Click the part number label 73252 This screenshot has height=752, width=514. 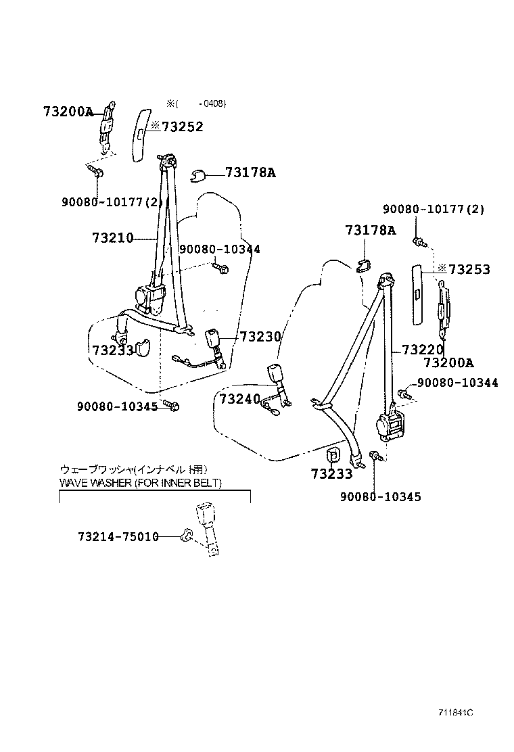(183, 126)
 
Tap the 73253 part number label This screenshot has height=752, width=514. (469, 269)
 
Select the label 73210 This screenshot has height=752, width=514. (113, 237)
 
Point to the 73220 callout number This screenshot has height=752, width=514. (423, 350)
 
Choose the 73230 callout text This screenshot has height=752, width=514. (260, 337)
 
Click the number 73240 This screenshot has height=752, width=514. (240, 398)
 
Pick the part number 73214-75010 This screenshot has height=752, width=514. (118, 536)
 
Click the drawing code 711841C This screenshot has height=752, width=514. (456, 713)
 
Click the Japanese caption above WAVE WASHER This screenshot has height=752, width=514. (134, 469)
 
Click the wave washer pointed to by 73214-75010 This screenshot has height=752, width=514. (187, 535)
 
